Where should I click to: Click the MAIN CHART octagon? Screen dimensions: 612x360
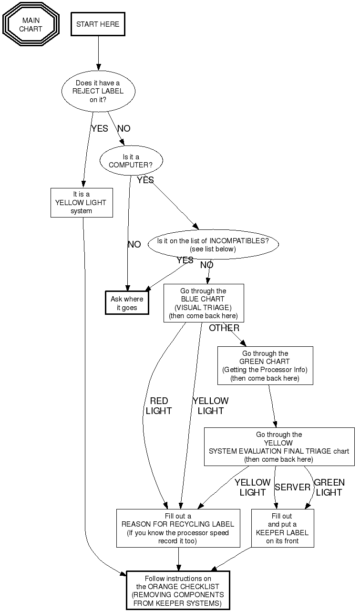(x=31, y=24)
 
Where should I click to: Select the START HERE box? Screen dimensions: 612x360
(x=98, y=24)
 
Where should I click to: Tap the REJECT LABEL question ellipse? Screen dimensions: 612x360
(x=98, y=91)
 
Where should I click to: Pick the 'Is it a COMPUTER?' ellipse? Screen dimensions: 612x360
(x=131, y=161)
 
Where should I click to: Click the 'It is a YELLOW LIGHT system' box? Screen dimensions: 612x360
(x=82, y=203)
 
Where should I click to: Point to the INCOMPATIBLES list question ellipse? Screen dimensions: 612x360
(x=213, y=245)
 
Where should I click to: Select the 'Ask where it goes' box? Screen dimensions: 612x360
(x=127, y=303)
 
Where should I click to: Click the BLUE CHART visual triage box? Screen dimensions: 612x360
(x=204, y=303)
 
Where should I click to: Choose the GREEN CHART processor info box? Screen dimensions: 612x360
(x=265, y=366)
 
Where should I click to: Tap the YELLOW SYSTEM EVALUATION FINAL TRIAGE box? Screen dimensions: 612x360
(x=279, y=447)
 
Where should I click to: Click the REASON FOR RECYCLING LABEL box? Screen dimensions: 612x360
(x=178, y=529)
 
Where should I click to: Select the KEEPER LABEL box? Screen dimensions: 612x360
(x=283, y=529)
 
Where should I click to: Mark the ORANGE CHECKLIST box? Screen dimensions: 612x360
(x=178, y=591)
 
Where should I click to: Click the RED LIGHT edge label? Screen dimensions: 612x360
(x=159, y=406)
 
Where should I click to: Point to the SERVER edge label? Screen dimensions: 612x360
(x=292, y=487)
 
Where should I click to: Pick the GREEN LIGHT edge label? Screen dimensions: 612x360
(x=329, y=487)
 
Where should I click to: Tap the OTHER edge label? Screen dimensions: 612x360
(x=224, y=328)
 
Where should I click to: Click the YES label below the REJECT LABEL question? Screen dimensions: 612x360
(x=100, y=129)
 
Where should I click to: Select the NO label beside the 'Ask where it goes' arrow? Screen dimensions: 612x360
(x=134, y=245)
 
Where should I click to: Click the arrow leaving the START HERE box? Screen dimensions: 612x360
(x=98, y=52)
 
